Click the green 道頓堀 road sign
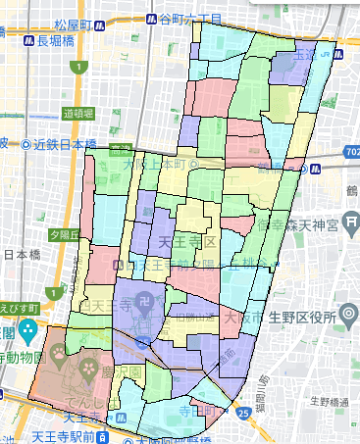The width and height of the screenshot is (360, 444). point(79,113)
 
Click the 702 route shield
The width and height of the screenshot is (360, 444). point(351,153)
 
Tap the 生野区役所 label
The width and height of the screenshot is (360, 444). point(299,317)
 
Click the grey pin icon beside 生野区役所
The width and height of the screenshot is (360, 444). point(348,316)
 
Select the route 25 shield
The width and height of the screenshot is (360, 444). point(242,412)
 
